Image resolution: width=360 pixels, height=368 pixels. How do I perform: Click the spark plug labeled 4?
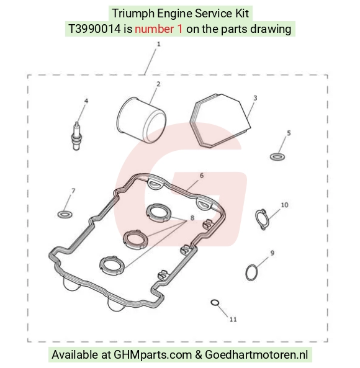tap(76, 136)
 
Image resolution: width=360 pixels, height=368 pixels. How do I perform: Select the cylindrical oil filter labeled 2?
tap(142, 120)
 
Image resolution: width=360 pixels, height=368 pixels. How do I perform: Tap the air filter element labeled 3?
tap(220, 120)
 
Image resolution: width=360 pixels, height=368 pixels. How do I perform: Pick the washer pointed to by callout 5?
tap(277, 156)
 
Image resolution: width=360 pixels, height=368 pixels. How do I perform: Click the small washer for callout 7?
tap(65, 214)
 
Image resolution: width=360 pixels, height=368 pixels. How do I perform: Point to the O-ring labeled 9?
tap(251, 272)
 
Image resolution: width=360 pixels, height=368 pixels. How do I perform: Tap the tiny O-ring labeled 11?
tap(215, 303)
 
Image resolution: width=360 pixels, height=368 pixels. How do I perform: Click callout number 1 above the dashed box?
tap(159, 44)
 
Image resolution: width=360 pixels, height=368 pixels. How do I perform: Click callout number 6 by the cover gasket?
tap(202, 176)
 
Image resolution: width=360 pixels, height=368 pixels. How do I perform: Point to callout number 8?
tap(192, 218)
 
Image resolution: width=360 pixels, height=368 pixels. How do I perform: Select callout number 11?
tap(233, 320)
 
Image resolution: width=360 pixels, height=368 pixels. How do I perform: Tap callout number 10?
tap(284, 205)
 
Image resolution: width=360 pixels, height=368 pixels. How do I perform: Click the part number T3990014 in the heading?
tap(94, 29)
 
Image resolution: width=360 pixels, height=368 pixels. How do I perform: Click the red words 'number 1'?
tap(159, 29)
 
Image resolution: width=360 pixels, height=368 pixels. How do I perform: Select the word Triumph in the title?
tap(133, 14)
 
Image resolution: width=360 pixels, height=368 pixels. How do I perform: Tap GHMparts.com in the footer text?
tap(153, 354)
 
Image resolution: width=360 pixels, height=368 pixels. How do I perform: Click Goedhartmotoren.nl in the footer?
tap(256, 354)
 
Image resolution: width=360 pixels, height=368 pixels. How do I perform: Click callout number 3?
tap(255, 98)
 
